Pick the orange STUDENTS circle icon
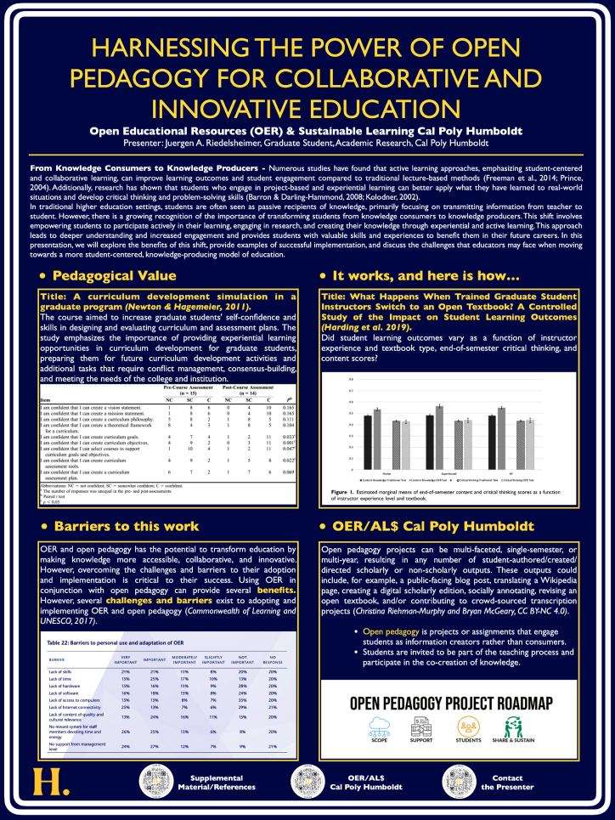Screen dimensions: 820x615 (469, 729)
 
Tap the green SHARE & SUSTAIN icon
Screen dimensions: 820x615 (514, 729)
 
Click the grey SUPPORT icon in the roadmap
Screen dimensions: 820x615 (423, 729)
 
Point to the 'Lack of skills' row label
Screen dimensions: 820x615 (62, 670)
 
